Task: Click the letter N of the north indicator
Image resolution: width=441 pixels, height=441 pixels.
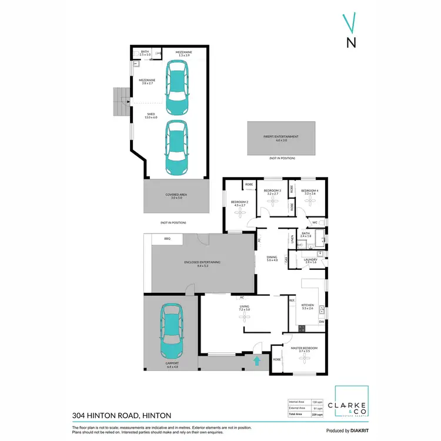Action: pyautogui.click(x=351, y=42)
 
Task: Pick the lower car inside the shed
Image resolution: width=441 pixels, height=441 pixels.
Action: pyautogui.click(x=176, y=147)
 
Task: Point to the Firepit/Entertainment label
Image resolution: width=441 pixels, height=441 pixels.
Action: pyautogui.click(x=281, y=138)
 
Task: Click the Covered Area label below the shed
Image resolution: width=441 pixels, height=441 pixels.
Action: pyautogui.click(x=177, y=195)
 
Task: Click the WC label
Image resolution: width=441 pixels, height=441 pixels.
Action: pyautogui.click(x=315, y=222)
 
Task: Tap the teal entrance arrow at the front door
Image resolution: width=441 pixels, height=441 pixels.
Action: pyautogui.click(x=256, y=360)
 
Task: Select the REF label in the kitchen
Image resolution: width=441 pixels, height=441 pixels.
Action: pyautogui.click(x=292, y=300)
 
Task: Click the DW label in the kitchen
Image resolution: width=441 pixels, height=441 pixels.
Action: pyautogui.click(x=322, y=322)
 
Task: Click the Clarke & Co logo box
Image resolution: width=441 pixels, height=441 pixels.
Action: pyautogui.click(x=352, y=402)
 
